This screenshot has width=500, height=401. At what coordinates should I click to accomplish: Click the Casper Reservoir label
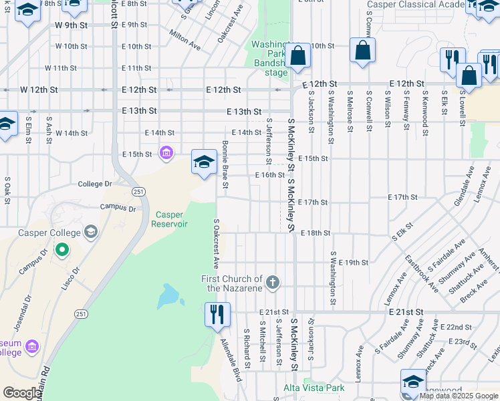(x=172, y=219)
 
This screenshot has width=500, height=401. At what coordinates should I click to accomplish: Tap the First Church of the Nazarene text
(x=233, y=283)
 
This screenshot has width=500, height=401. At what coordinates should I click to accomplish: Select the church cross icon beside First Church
(x=272, y=283)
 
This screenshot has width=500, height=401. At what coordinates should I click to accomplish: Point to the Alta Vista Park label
(x=314, y=388)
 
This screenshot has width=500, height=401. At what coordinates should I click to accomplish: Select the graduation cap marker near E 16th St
(x=204, y=161)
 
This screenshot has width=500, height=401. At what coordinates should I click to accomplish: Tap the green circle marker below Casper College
(x=62, y=251)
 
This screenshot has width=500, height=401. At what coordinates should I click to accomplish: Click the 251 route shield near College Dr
(x=138, y=192)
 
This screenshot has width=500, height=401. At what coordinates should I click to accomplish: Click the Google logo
(x=22, y=393)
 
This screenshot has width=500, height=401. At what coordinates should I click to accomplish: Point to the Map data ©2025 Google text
(x=459, y=396)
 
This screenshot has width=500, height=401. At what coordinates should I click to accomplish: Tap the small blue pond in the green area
(x=166, y=295)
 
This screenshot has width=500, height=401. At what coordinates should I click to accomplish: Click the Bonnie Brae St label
(x=226, y=164)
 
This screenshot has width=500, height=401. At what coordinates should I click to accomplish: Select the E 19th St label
(x=354, y=263)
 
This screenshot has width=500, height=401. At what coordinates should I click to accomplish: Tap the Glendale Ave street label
(x=463, y=192)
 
